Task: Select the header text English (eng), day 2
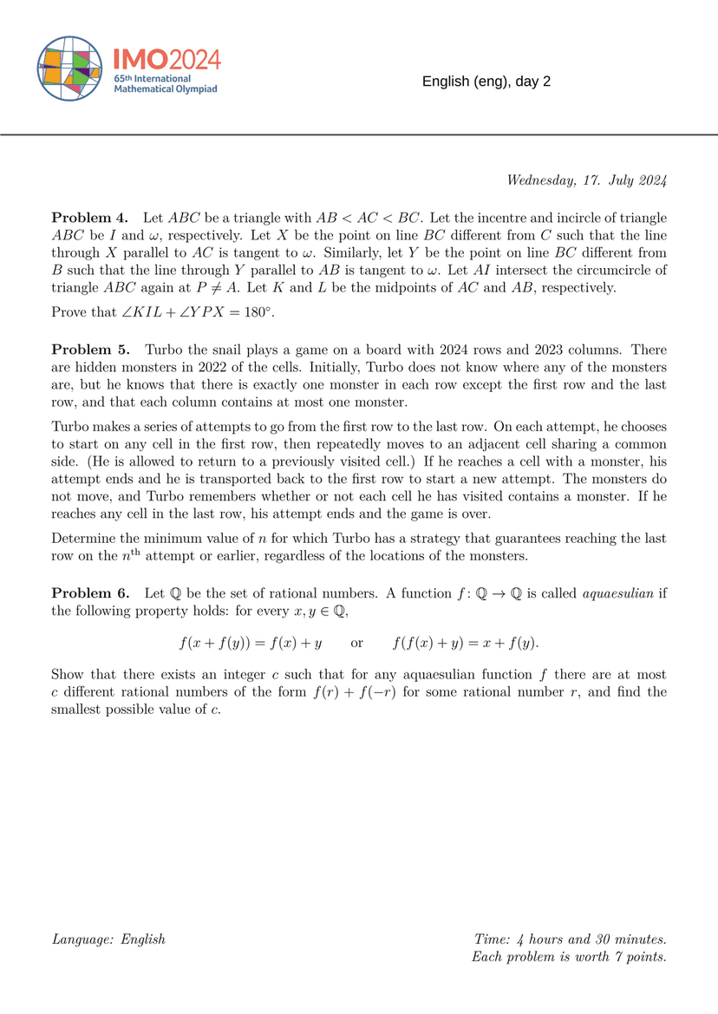tap(486, 82)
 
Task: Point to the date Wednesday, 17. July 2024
tap(586, 180)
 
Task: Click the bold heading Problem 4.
tap(90, 217)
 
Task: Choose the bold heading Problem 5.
tap(90, 350)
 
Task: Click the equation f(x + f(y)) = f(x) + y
tap(251, 643)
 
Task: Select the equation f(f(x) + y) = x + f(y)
tap(465, 643)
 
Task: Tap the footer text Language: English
tap(108, 939)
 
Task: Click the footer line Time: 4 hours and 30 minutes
tap(570, 939)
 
